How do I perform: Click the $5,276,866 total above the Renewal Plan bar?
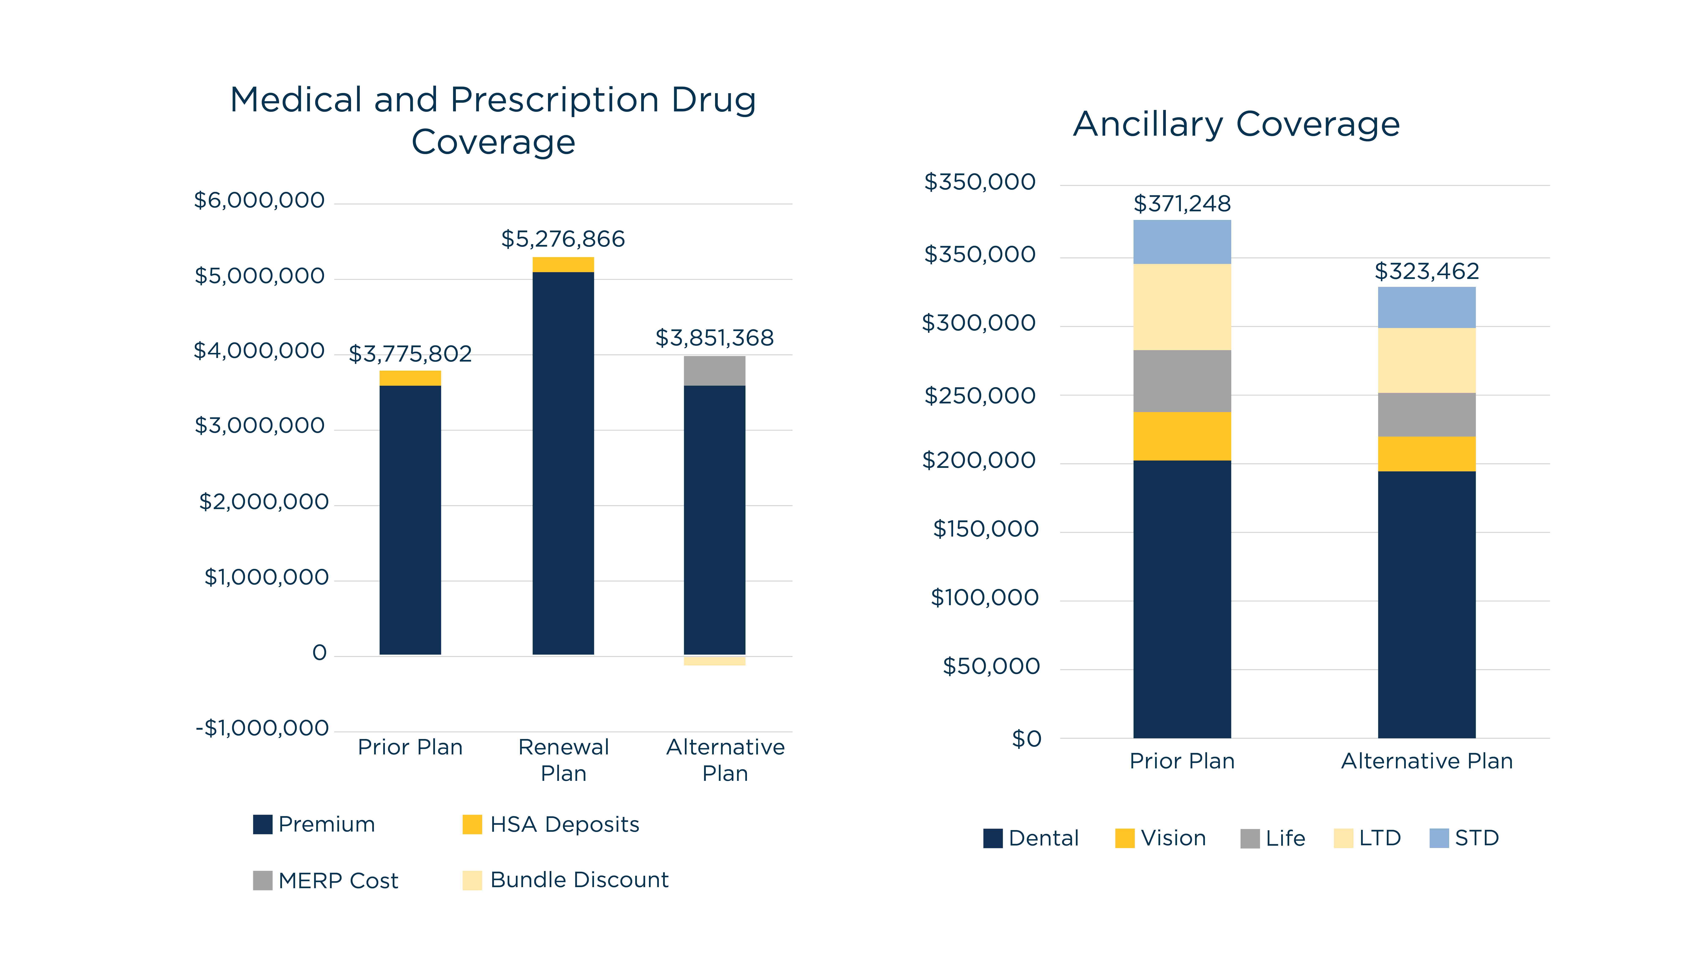click(563, 239)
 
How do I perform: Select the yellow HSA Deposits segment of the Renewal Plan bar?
click(563, 264)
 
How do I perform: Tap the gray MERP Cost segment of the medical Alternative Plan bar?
click(714, 371)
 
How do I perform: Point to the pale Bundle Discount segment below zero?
click(714, 661)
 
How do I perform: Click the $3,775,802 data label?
click(410, 354)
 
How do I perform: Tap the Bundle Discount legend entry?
click(565, 880)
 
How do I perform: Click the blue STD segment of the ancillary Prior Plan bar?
click(1181, 242)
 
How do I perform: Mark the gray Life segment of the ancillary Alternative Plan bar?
click(1427, 414)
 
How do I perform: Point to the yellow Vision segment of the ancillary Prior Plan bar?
click(1181, 436)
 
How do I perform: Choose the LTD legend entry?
click(1367, 838)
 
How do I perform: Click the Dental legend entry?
click(1031, 838)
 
